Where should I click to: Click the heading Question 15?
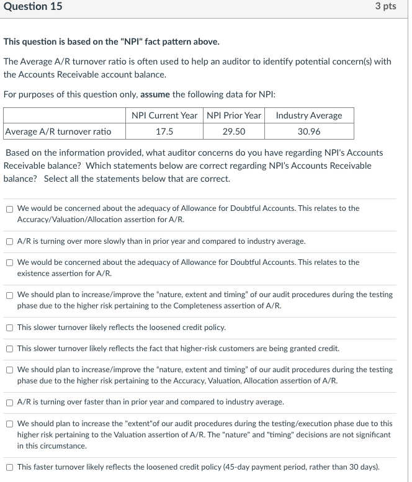pos(33,7)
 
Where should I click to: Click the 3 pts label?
pos(385,7)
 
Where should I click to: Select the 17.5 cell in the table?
pos(164,131)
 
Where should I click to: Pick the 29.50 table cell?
pos(233,131)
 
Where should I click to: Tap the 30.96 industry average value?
pos(308,131)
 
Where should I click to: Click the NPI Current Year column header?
pos(164,115)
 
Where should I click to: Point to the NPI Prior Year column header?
pos(233,115)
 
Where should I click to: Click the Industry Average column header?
pos(308,115)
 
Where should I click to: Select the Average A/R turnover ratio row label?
pos(58,131)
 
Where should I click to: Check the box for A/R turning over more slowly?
pos(10,241)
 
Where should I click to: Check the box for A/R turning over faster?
pos(10,403)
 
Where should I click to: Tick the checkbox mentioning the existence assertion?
pos(10,263)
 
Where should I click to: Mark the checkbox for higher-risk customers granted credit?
pos(10,349)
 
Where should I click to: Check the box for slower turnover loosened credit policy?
pos(10,328)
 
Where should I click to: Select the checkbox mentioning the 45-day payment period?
pos(10,467)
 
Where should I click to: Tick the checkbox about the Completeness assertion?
pos(10,295)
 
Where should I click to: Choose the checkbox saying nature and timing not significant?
pos(10,424)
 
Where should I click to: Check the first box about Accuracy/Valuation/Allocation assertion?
pos(10,209)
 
